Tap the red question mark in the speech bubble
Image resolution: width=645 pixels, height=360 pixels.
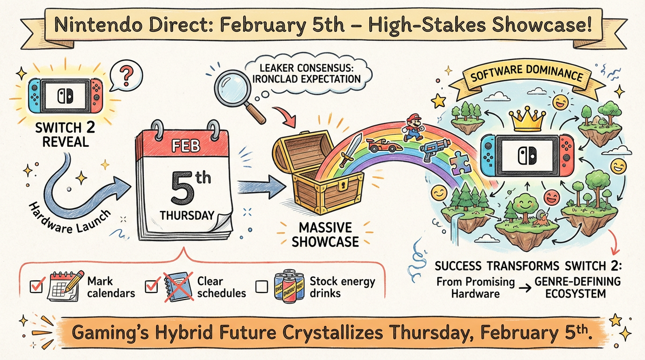point(127,76)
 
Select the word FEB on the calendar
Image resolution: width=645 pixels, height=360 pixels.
point(186,146)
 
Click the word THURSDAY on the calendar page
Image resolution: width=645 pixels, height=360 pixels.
point(187,215)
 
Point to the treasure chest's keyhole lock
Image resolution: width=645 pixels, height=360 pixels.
point(343,186)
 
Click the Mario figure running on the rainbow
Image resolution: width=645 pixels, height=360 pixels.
point(414,127)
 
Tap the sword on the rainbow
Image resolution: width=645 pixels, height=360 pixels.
point(350,150)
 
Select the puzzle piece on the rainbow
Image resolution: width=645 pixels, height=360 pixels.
point(460,163)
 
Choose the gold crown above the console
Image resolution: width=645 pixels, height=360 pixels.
point(526,119)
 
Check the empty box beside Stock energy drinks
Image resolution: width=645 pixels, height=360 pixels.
point(261,287)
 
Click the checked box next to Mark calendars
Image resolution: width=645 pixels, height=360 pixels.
point(36,286)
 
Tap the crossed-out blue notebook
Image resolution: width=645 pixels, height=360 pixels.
point(179,287)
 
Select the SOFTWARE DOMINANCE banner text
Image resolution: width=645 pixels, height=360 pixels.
point(526,74)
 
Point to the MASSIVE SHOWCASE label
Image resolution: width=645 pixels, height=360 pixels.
point(325,235)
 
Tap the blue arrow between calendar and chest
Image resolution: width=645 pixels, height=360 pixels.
point(261,186)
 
